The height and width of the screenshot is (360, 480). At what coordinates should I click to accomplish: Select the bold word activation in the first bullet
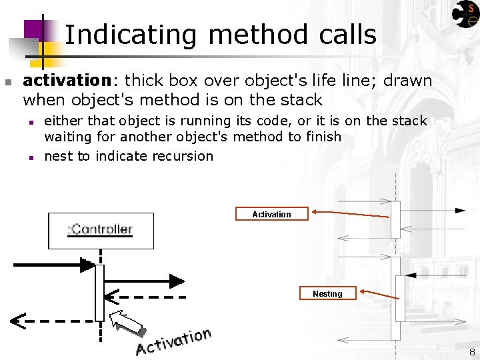[66, 81]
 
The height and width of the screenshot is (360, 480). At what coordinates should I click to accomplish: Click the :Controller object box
[101, 230]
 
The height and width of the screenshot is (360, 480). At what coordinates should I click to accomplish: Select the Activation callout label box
[271, 214]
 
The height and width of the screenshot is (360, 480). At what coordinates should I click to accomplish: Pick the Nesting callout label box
[327, 293]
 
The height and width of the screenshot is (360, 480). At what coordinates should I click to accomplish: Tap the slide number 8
[471, 352]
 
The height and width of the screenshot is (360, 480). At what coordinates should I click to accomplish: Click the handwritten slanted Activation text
[174, 341]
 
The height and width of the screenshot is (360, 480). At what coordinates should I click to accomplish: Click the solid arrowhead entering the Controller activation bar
[89, 265]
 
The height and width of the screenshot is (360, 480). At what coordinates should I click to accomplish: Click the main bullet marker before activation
[7, 82]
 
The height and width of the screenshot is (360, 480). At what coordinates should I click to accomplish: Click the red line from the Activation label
[353, 214]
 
